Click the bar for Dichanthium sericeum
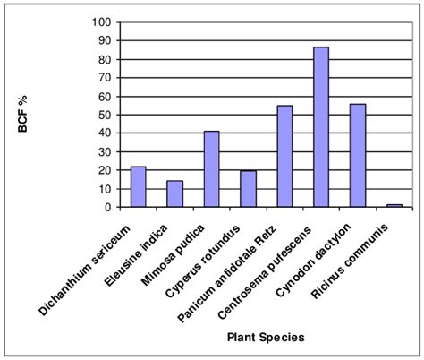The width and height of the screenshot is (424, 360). point(138,187)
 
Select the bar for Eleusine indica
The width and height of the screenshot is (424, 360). point(174,194)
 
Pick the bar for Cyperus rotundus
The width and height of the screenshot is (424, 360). point(248,189)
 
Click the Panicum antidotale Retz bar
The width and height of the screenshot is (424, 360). point(284,157)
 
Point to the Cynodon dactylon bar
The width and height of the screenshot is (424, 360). point(358,156)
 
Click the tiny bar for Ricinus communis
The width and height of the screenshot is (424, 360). point(394,205)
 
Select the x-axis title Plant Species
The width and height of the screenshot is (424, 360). point(266,338)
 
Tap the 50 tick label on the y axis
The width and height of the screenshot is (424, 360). point(106,115)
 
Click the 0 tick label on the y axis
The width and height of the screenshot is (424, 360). point(109,207)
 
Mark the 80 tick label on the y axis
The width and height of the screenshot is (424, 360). point(106,59)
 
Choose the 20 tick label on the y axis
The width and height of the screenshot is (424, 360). point(106,170)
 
